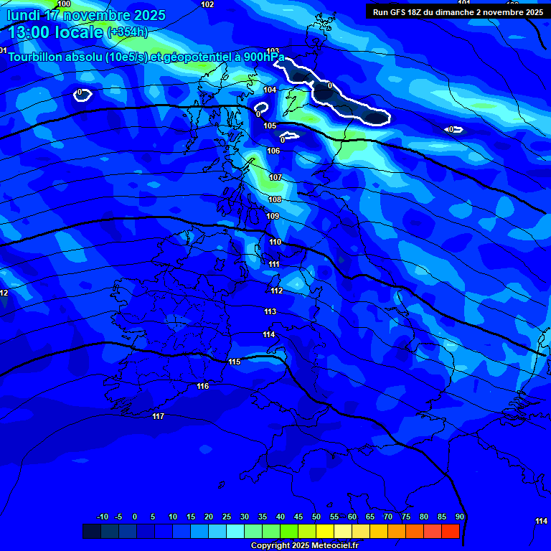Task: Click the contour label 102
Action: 207,4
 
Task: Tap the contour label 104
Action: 270,90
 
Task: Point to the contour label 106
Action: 273,151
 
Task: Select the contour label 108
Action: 275,199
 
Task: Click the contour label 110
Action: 275,242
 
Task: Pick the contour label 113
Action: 270,311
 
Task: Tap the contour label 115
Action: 234,362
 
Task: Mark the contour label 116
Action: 203,386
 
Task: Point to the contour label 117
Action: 159,416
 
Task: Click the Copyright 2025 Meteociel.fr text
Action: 304,546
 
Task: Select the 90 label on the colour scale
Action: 460,517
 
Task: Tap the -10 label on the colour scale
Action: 103,517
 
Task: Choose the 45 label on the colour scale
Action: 298,517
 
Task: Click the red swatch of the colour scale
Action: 451,531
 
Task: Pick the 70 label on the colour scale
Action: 388,517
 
